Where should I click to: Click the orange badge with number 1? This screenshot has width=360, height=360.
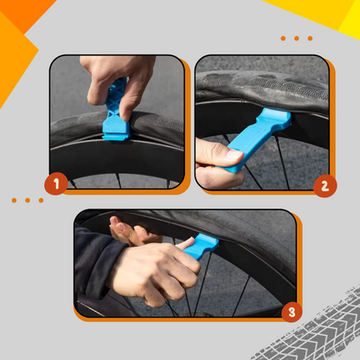pyautogui.click(x=56, y=183)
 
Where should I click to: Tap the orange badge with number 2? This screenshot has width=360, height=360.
pyautogui.click(x=325, y=183)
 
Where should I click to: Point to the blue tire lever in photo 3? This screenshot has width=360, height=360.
pyautogui.click(x=195, y=252)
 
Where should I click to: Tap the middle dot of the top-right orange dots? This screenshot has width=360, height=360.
pyautogui.click(x=297, y=38)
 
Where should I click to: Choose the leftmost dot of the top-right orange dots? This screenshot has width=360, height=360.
pyautogui.click(x=285, y=38)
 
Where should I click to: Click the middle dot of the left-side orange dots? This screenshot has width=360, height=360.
pyautogui.click(x=27, y=200)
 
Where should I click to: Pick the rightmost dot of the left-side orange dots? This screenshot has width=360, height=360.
pyautogui.click(x=39, y=200)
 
